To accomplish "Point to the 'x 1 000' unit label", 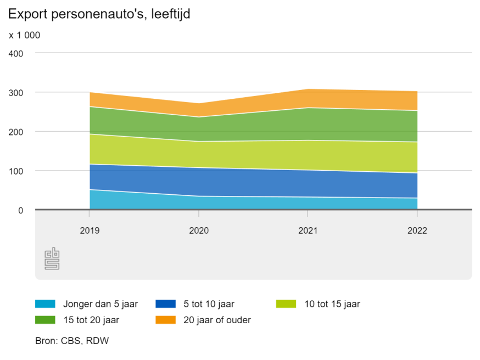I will [x=25, y=35].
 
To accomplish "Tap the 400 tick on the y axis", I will [x=16, y=53].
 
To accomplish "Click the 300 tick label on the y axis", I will [x=16, y=93].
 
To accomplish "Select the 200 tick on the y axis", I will [x=16, y=132].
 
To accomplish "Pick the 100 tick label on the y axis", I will [x=16, y=171].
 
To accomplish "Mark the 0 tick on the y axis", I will [x=21, y=210].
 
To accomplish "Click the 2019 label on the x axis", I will [x=90, y=230].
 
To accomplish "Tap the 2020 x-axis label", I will [x=199, y=230].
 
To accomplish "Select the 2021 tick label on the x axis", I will [x=308, y=230].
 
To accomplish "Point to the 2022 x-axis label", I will [x=417, y=230].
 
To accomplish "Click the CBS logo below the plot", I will [x=52, y=258].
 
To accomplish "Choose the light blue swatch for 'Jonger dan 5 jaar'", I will [x=45, y=303].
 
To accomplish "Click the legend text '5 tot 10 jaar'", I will [x=209, y=303].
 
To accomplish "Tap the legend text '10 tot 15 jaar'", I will [x=332, y=303].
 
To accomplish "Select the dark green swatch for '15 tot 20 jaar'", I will [x=45, y=319].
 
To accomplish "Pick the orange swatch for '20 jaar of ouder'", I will [x=165, y=319].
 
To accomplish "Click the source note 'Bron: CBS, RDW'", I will [x=72, y=341].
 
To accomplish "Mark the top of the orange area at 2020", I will [x=199, y=104].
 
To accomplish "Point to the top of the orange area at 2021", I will [x=308, y=89].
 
